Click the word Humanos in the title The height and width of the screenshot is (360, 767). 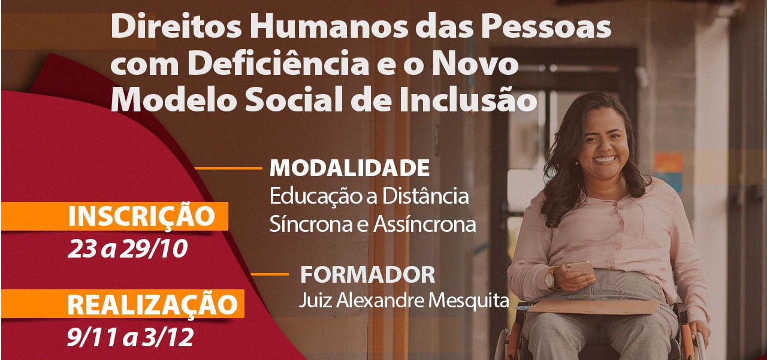[329, 27]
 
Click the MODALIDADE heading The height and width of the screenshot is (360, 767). [349, 168]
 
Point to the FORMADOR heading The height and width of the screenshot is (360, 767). [368, 274]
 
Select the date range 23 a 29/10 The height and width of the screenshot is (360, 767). [128, 249]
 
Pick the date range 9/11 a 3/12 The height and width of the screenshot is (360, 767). [130, 337]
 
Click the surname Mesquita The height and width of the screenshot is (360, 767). [469, 301]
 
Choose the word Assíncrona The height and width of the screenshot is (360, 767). [425, 225]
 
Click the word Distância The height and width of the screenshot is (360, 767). [425, 196]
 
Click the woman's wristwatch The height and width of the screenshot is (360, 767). [550, 279]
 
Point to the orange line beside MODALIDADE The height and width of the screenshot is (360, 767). [228, 168]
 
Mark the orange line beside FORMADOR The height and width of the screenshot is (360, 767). [270, 274]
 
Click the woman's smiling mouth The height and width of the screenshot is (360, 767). [605, 160]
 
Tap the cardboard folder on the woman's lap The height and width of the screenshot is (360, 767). [594, 307]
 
